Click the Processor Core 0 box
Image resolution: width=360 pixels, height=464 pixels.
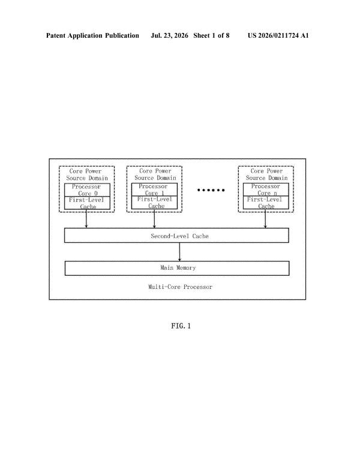coord(88,189)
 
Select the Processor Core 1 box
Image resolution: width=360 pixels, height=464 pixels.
coord(154,189)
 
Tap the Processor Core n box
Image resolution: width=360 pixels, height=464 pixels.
coord(266,189)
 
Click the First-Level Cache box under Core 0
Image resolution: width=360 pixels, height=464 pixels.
coord(88,203)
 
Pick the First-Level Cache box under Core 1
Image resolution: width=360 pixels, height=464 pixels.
coord(154,203)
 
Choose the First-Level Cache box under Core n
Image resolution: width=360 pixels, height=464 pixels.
coord(266,203)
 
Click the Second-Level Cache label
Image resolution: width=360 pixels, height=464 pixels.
coord(180,236)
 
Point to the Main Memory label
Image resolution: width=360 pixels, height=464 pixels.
coord(178,267)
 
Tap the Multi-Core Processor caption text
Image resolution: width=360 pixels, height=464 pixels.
coord(180,287)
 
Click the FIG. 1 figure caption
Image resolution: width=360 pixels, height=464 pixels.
coord(181,326)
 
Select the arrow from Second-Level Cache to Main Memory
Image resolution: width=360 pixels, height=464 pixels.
coord(179,252)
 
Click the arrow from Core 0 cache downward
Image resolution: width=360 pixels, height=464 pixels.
coord(86,219)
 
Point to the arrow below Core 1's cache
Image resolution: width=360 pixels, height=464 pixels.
coord(154,218)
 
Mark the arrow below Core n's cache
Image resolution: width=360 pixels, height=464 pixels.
coord(265,218)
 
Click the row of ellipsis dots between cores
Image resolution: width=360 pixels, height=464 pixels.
coord(211,190)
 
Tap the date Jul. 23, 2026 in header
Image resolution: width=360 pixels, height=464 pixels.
coord(169,35)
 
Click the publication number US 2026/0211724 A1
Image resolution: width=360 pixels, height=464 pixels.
coord(278,35)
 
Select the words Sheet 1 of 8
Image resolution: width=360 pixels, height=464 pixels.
coord(211,35)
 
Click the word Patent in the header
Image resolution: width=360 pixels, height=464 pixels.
coord(56,35)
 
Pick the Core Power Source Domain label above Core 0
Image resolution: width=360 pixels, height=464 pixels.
coord(87,174)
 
